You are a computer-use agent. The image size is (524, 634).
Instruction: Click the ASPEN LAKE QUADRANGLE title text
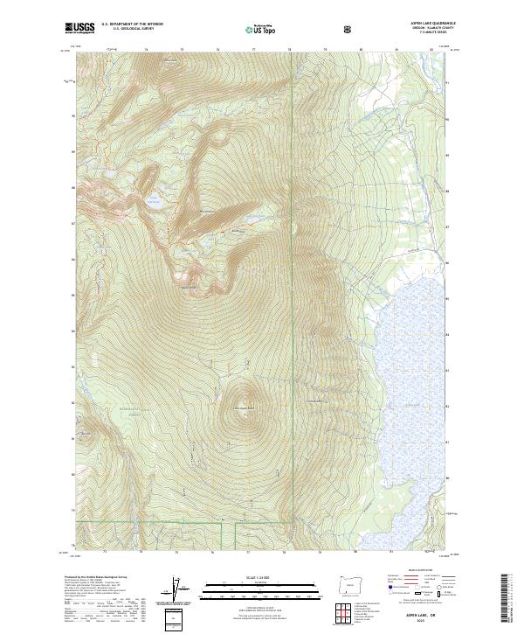point(428,24)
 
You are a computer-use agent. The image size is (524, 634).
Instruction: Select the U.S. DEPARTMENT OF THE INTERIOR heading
point(132,25)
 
